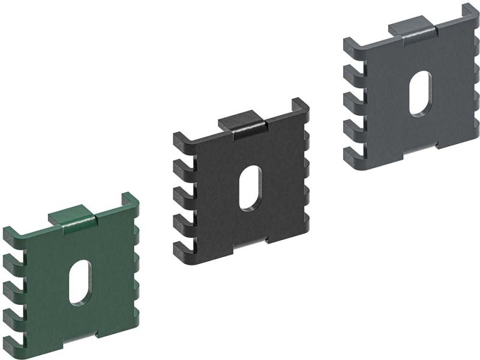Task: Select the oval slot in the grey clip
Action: pos(420,93)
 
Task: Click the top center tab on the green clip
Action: pos(72,217)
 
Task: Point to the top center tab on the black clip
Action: pos(242,124)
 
